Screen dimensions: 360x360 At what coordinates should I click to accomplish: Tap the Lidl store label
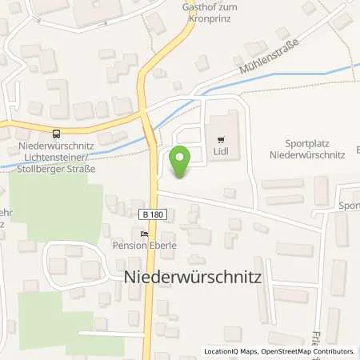pyautogui.click(x=222, y=149)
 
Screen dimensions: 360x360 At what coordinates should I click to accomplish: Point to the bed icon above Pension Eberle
pyautogui.click(x=144, y=234)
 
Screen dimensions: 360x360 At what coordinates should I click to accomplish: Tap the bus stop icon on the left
pyautogui.click(x=55, y=134)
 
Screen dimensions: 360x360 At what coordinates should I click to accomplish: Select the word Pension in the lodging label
pyautogui.click(x=128, y=246)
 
